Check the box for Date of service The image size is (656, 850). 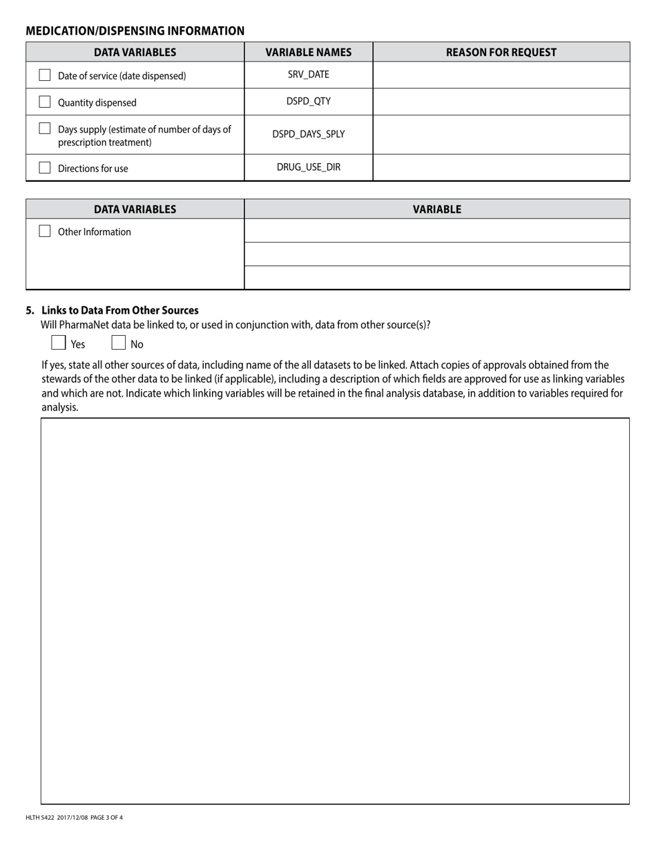[45, 75]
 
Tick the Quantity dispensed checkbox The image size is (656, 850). [45, 102]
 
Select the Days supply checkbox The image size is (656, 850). [45, 129]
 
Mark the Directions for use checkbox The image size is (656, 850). [45, 167]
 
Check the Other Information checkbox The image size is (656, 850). [45, 231]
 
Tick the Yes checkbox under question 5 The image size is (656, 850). [59, 343]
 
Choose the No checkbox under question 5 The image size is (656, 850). [119, 343]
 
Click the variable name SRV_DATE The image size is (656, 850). [308, 75]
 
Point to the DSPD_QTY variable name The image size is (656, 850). [308, 102]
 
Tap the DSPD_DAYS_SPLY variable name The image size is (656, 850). [308, 134]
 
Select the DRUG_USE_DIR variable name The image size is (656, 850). [308, 167]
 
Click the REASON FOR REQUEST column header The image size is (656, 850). [501, 52]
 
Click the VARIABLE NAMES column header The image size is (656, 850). [308, 52]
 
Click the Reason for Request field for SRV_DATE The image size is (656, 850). [501, 75]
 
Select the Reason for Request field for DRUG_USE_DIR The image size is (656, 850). [501, 167]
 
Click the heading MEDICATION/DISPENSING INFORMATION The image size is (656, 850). [135, 31]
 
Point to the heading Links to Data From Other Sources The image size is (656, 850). [119, 310]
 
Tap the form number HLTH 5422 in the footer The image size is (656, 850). [41, 818]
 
